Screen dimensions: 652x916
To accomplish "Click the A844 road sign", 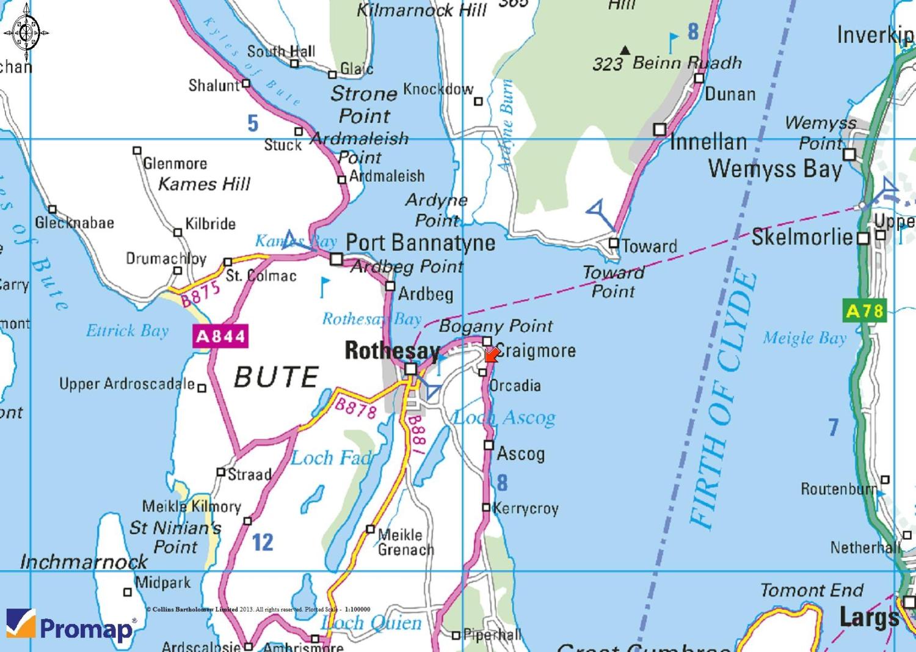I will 220,336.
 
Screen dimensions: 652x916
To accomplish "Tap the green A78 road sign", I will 865,311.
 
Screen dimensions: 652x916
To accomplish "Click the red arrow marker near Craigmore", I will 490,355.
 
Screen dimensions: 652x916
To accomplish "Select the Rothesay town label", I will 392,351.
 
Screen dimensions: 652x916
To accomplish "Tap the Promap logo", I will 71,626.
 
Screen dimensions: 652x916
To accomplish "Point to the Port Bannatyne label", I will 420,243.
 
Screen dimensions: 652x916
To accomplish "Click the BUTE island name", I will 277,376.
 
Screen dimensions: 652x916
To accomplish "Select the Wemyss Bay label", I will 775,168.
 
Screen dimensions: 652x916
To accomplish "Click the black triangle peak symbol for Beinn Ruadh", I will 625,49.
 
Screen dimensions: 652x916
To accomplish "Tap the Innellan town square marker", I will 660,130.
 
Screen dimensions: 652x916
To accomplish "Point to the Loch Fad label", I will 330,458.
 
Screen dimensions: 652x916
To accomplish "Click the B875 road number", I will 200,295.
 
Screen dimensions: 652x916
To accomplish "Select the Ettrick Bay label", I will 127,331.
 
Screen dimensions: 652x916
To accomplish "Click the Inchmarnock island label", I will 84,562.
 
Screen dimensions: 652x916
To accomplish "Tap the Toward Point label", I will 613,282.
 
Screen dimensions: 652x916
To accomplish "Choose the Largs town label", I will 868,617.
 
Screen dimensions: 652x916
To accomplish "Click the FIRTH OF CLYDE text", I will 723,400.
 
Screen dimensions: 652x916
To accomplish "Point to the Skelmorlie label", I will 801,237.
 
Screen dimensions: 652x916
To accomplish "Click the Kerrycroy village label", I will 525,508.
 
